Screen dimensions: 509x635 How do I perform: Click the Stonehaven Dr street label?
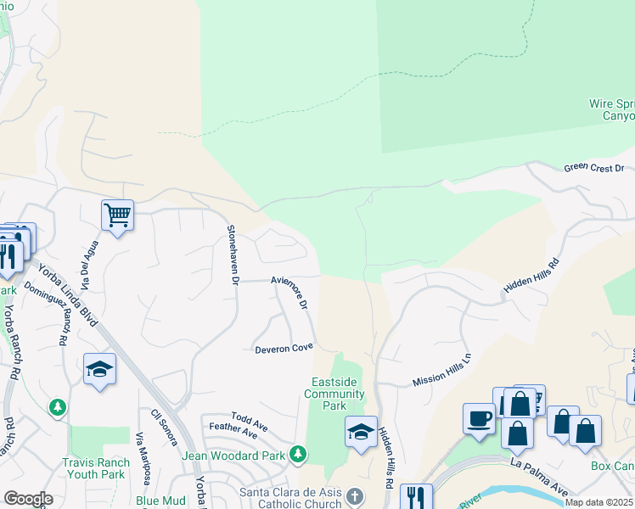tap(231, 255)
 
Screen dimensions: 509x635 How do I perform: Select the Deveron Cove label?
tap(284, 348)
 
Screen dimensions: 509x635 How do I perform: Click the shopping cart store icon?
tap(117, 215)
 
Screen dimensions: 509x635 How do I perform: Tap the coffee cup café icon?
tap(479, 418)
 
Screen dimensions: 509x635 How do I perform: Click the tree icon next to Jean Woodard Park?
tap(298, 455)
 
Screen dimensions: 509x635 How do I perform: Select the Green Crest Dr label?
tap(593, 168)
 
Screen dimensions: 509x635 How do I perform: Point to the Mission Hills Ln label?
tap(441, 372)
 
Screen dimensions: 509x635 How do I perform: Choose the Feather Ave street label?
tap(233, 432)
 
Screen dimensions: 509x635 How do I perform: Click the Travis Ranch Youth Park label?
tap(96, 468)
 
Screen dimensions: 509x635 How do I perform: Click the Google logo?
tap(28, 499)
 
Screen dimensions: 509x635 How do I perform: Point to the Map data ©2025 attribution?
tap(598, 502)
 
